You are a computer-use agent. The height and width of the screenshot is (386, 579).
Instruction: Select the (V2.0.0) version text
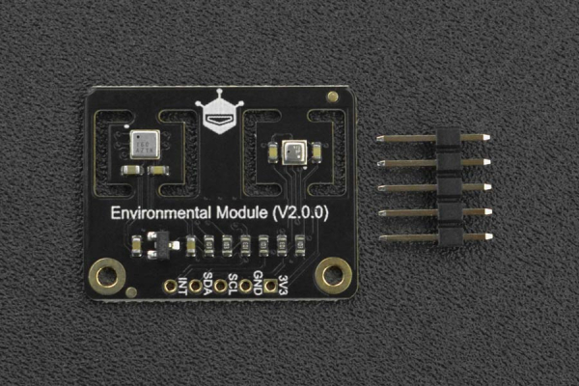(x=298, y=212)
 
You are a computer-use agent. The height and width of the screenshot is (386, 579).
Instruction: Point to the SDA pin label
(x=207, y=289)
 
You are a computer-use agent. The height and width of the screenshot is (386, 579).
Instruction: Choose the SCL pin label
(x=233, y=289)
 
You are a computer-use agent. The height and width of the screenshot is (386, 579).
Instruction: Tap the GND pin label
(x=258, y=289)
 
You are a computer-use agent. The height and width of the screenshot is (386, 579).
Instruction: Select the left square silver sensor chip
(x=145, y=146)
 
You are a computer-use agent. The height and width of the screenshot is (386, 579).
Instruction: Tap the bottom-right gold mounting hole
(x=334, y=275)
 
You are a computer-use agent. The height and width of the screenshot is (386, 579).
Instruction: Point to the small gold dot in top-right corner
(x=333, y=96)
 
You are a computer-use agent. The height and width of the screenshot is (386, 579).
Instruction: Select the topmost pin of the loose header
(x=433, y=138)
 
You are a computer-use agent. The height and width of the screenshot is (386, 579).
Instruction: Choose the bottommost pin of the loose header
(x=433, y=237)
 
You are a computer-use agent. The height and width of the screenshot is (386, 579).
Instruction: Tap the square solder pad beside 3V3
(x=271, y=285)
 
